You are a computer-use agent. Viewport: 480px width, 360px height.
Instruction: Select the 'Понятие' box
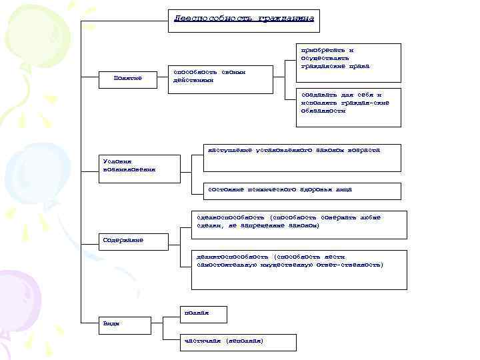tap(130, 79)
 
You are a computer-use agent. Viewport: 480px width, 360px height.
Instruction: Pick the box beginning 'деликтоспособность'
tap(298, 269)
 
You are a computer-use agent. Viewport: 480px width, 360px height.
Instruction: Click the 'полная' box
tap(204, 314)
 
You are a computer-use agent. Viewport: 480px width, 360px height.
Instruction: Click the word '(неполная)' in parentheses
tap(245, 341)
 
